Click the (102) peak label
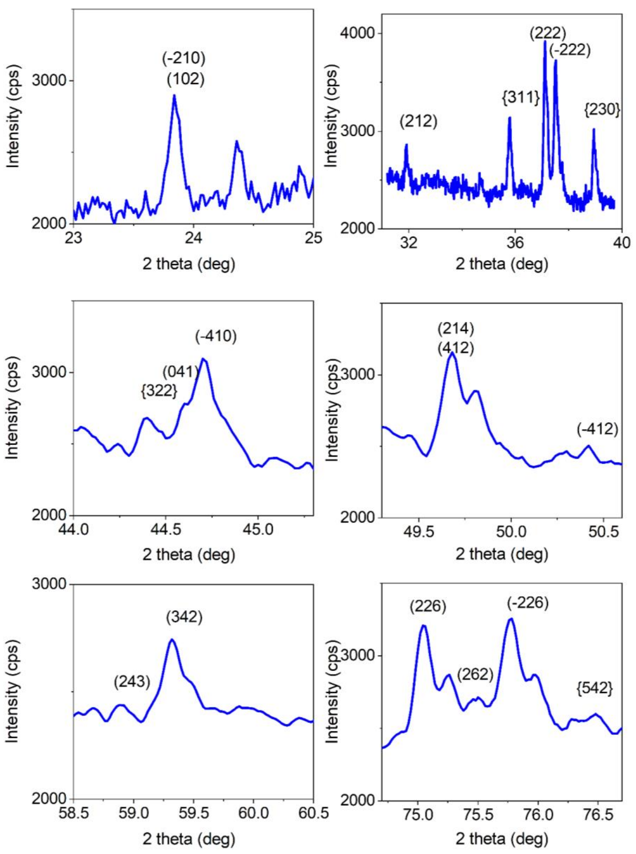[x=186, y=79]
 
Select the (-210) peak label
[x=183, y=58]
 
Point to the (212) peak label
[x=419, y=122]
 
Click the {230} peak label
[x=602, y=110]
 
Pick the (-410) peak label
[x=216, y=336]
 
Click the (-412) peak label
[x=597, y=429]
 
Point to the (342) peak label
[x=184, y=617]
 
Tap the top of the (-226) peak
[x=511, y=619]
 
